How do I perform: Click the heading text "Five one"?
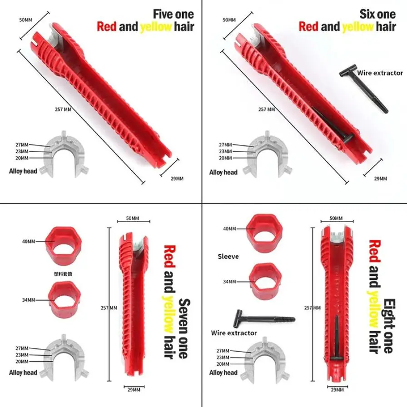tap(173, 14)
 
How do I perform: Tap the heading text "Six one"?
tap(377, 14)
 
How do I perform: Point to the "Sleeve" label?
tap(228, 257)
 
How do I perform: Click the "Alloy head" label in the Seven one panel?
tap(23, 372)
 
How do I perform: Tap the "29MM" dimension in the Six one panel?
tap(380, 179)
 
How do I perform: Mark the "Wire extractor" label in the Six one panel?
tap(380, 73)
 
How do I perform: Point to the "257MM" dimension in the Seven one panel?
tap(109, 308)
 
